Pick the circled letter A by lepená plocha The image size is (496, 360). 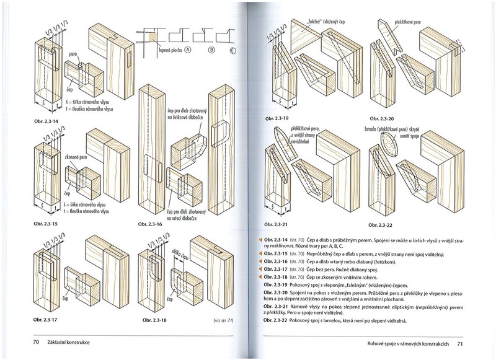click(x=188, y=51)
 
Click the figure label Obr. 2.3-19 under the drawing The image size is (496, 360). click(x=277, y=117)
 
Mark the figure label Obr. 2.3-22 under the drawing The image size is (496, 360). click(x=383, y=226)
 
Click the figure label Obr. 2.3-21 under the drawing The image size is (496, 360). click(x=277, y=226)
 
